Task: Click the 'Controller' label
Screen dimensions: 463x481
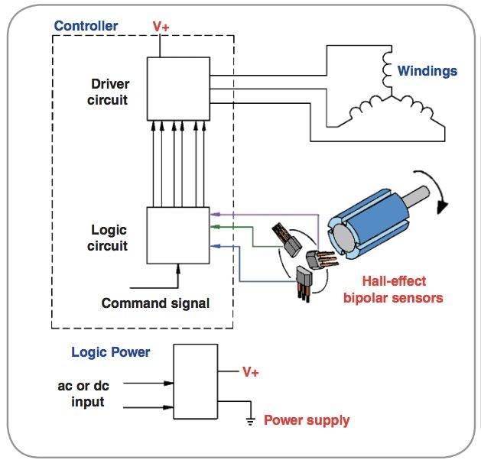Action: coord(86,26)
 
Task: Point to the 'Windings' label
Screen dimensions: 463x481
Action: coord(427,71)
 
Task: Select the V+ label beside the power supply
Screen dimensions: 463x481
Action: coord(250,372)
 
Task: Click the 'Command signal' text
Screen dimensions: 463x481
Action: coord(155,303)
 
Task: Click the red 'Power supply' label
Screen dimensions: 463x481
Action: coord(306,420)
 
